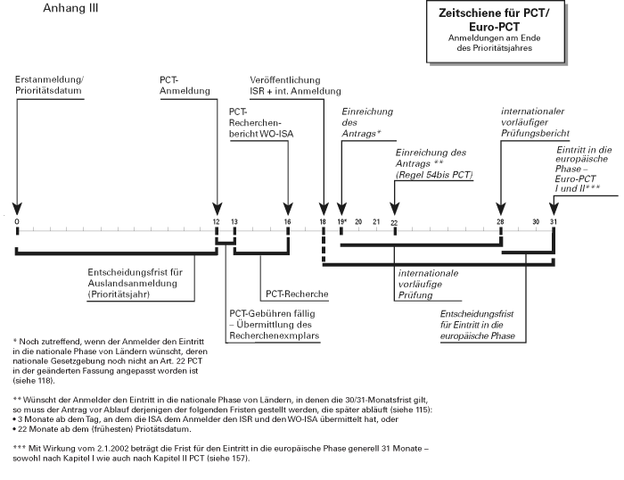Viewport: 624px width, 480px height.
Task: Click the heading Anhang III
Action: point(70,8)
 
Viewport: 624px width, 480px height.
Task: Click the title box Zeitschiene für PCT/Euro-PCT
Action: point(496,31)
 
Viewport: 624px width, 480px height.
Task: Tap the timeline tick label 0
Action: point(17,221)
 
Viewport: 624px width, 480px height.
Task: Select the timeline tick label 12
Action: point(216,221)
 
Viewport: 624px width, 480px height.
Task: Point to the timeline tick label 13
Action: point(234,221)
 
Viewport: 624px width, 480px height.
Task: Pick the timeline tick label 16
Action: point(287,221)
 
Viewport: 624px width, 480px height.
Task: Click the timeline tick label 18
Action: point(323,221)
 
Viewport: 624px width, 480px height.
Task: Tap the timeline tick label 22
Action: point(394,223)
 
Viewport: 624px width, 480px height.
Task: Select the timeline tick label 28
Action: point(500,221)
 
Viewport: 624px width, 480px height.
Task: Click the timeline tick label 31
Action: point(554,221)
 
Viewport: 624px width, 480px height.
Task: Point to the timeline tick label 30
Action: point(536,221)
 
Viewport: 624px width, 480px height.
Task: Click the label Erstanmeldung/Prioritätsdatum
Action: point(49,85)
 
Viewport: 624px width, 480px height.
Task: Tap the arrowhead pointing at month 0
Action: point(17,209)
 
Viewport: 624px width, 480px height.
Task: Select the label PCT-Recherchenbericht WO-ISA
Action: point(261,123)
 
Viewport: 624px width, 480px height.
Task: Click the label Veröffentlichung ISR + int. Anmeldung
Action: point(295,86)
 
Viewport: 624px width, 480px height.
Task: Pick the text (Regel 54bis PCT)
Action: point(434,175)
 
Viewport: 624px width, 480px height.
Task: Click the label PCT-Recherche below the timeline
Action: point(297,294)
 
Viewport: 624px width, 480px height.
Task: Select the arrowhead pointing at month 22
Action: point(394,209)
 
